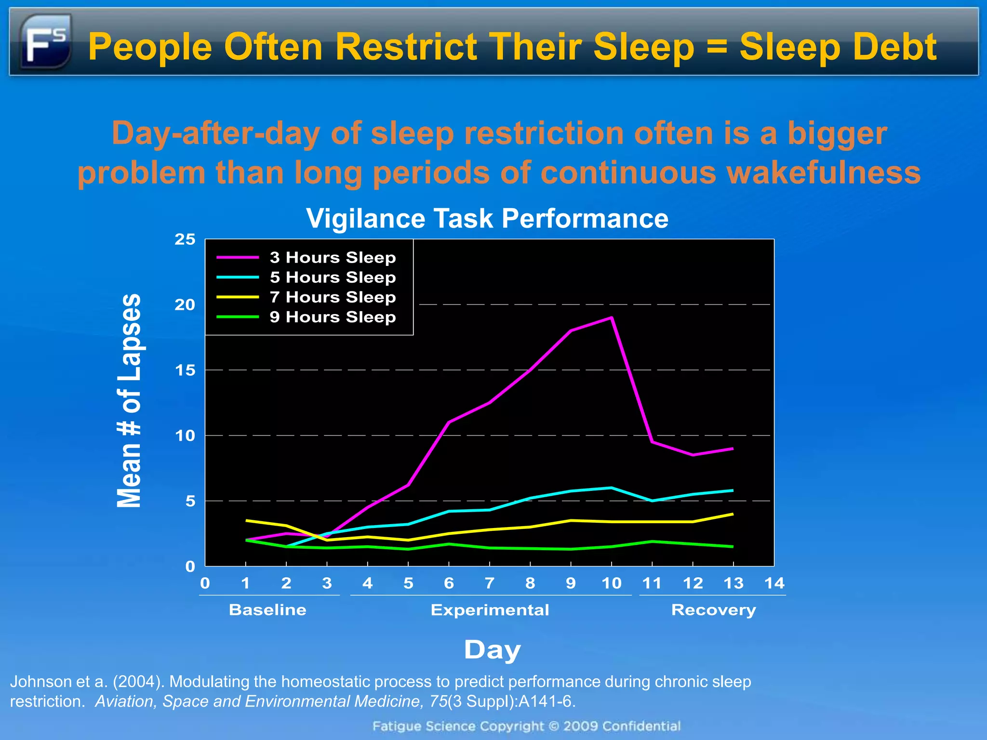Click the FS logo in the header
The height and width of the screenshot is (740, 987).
tap(45, 41)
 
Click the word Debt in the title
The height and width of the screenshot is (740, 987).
tap(894, 47)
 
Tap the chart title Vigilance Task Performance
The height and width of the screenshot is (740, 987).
tap(487, 218)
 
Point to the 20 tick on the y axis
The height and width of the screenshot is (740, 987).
tap(185, 305)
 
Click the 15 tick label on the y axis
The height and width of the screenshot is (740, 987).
tap(185, 370)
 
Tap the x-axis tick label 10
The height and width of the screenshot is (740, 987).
tap(611, 583)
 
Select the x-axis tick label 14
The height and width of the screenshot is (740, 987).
tap(774, 583)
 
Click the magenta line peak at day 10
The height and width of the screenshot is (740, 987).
tap(612, 317)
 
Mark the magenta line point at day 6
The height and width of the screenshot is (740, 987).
tap(449, 422)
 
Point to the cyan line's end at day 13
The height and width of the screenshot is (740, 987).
tap(733, 490)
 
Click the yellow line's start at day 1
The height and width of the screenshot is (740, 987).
tap(246, 520)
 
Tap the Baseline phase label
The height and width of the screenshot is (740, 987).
tap(267, 610)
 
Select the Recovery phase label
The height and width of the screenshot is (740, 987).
tap(713, 610)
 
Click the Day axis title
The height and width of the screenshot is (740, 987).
tap(492, 650)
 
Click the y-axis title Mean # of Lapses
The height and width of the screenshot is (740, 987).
tap(129, 400)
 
